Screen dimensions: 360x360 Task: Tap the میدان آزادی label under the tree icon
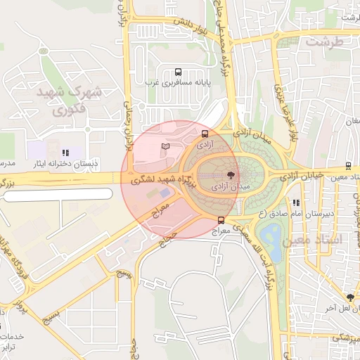point(231,187)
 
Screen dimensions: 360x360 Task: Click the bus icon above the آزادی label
point(205,133)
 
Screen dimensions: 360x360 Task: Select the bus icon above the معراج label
point(221,221)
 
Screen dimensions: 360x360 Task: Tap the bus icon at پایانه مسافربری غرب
point(177,72)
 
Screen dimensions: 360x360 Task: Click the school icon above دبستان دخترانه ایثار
point(65,152)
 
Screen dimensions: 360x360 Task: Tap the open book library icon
point(165,146)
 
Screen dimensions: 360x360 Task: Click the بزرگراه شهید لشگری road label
point(155,180)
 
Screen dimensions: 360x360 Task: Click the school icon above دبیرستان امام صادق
point(295,203)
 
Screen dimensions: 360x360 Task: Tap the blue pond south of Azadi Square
point(271,236)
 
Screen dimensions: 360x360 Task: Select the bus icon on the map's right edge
point(349,167)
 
